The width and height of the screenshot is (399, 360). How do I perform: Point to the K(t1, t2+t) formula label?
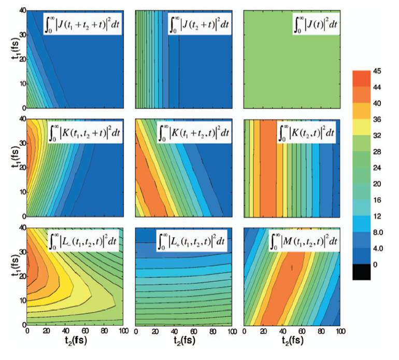(x=84, y=133)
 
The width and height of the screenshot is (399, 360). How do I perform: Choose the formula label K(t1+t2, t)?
(x=193, y=133)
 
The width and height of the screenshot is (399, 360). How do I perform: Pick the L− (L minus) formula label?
(x=84, y=240)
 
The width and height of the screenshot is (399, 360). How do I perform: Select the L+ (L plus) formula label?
(x=193, y=240)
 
